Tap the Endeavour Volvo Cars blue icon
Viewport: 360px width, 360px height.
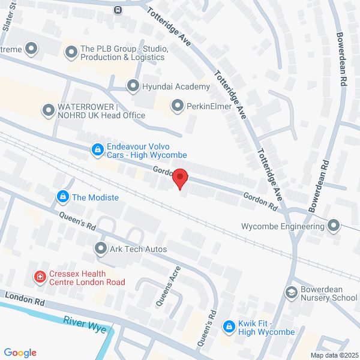pos(97,151)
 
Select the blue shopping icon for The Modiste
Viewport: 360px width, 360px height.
pos(62,196)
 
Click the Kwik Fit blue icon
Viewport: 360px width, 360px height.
pos(229,326)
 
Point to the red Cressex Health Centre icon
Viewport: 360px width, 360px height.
pos(40,277)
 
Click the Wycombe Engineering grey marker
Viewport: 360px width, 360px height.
pos(334,226)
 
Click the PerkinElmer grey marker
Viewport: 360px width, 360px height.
pos(177,106)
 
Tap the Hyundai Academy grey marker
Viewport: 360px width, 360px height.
pos(133,86)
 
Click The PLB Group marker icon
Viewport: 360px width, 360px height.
pos(71,53)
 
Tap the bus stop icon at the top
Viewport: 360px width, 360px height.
pos(118,10)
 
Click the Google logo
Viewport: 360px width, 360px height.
pos(20,353)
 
